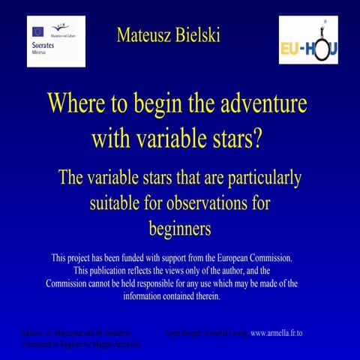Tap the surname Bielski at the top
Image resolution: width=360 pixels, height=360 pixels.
point(197,35)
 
